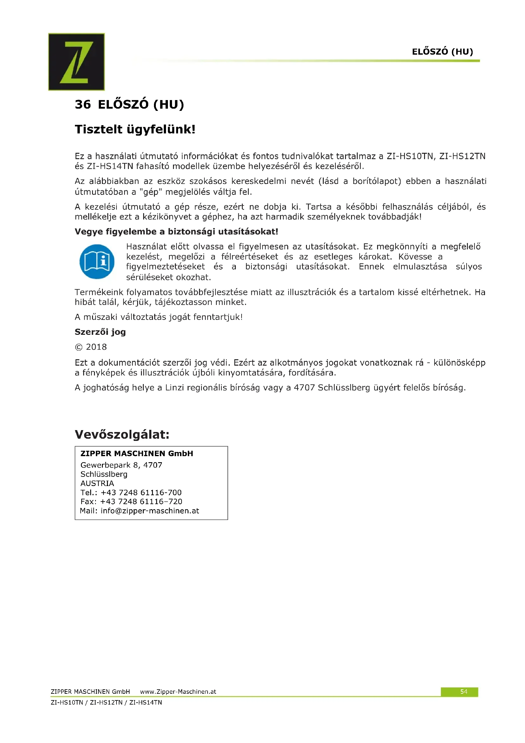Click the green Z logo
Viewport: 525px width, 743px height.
76,62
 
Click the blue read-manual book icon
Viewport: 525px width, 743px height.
97,261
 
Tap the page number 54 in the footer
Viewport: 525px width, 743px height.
463,692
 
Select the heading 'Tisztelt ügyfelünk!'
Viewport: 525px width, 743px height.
135,129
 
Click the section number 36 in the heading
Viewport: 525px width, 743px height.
83,105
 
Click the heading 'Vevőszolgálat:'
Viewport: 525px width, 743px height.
122,434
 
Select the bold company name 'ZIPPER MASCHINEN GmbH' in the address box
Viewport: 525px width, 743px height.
137,453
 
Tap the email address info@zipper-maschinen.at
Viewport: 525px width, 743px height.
150,511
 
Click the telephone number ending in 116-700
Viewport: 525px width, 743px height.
141,493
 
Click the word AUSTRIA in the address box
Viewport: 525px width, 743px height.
97,483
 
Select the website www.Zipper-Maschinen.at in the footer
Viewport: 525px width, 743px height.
178,692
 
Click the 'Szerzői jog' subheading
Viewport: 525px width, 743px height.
100,332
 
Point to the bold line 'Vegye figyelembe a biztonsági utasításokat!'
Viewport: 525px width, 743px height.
176,232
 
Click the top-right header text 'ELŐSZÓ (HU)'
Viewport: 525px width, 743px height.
442,52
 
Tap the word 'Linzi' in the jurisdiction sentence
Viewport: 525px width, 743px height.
175,388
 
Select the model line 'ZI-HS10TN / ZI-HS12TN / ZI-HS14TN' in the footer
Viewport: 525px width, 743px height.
106,703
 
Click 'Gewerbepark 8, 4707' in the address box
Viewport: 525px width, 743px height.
121,465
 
